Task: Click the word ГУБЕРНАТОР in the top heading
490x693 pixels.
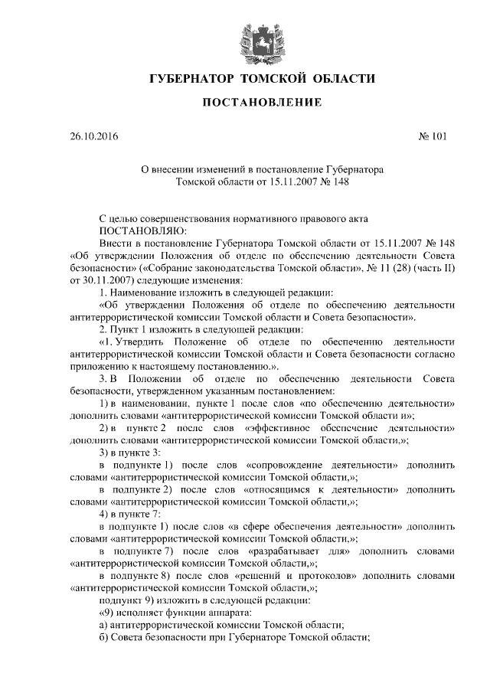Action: [188, 79]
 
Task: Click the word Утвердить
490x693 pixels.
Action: [145, 343]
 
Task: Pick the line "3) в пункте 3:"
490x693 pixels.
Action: [130, 453]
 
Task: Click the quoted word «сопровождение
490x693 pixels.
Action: [283, 466]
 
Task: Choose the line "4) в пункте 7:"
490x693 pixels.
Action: [130, 515]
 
